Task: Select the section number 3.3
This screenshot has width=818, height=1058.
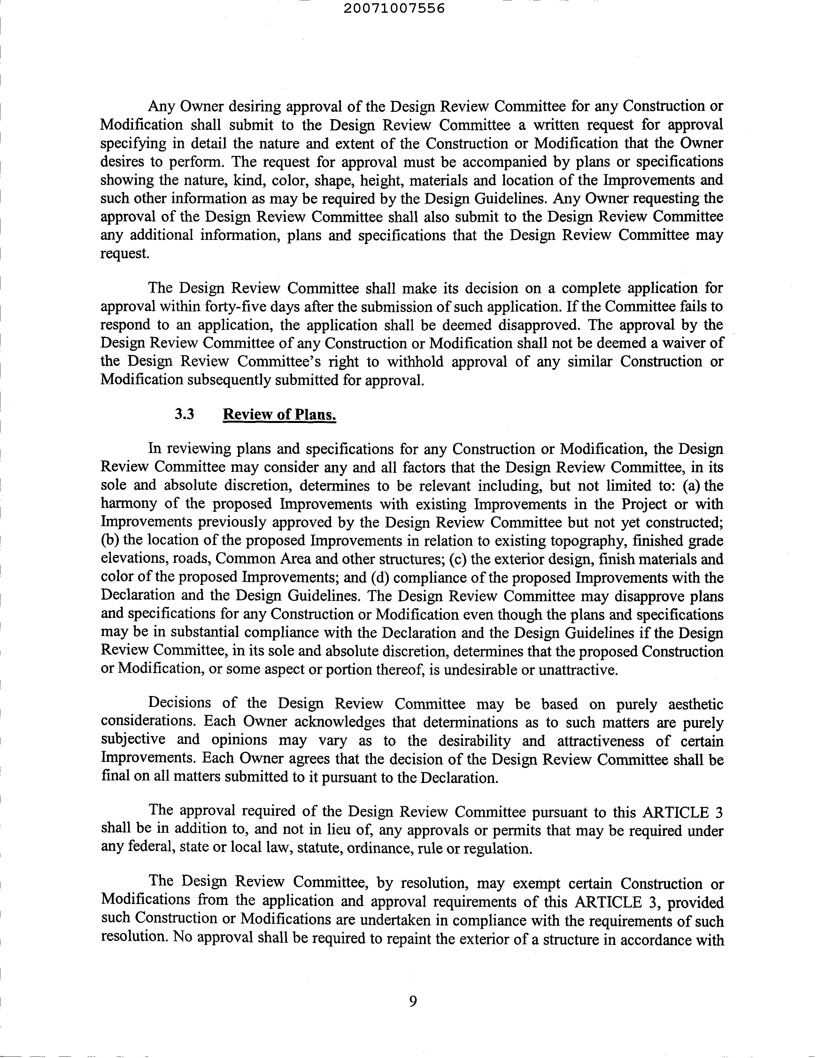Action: pyautogui.click(x=185, y=414)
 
